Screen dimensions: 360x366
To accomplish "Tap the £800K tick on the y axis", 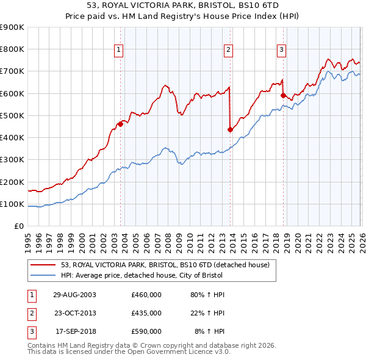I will coord(12,49).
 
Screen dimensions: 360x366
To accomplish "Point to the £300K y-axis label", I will coord(12,160).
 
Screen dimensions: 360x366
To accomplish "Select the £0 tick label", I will coord(18,226).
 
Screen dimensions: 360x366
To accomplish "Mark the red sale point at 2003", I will coord(120,124).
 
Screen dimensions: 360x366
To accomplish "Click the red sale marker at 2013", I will coord(230,129).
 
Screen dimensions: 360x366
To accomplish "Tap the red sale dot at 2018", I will coord(283,95).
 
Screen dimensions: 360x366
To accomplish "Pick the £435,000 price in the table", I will coord(146,313).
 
